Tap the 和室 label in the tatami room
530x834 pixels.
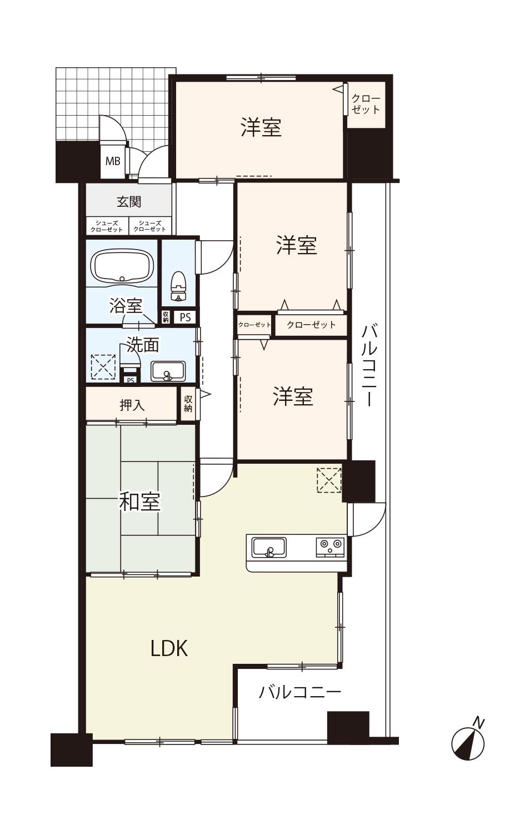139,502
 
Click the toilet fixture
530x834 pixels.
178,286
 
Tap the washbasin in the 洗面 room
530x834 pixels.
168,371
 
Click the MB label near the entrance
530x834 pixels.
113,161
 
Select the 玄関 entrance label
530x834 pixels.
129,202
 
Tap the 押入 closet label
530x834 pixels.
132,405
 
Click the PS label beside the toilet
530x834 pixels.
185,317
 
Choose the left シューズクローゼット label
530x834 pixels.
107,226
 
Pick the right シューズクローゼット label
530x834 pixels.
150,226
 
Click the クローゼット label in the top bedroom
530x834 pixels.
366,105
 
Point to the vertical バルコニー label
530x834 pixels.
370,366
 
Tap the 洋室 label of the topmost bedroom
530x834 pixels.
261,127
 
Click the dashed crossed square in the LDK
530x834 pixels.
329,480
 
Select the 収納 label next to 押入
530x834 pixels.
188,404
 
